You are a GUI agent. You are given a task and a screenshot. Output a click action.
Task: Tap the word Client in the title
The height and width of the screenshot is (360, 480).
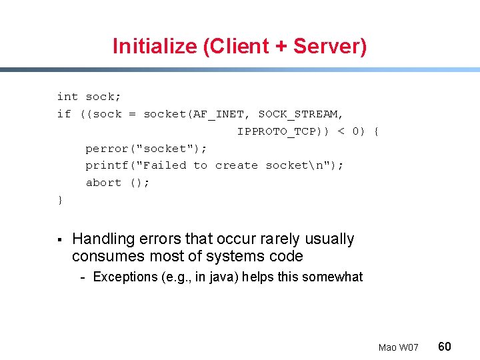(242, 47)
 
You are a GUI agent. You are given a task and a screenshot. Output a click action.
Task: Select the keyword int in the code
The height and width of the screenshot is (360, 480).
(67, 97)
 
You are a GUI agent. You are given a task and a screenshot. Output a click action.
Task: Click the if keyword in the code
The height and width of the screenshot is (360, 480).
(64, 114)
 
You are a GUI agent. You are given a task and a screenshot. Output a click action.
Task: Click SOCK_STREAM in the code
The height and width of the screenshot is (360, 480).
(301, 114)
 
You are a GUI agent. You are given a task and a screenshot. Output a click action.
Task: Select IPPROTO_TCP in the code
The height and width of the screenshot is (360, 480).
(276, 131)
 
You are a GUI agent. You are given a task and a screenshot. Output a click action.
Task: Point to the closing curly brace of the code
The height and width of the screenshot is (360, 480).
(61, 200)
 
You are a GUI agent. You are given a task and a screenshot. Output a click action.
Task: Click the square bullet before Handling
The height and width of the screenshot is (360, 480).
(59, 239)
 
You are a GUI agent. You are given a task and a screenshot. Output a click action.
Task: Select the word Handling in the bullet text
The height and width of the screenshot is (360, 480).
(101, 239)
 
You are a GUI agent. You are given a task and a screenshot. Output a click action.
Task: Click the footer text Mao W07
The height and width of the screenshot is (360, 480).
(398, 347)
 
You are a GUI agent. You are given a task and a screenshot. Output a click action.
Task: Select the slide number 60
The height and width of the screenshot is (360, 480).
(444, 346)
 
